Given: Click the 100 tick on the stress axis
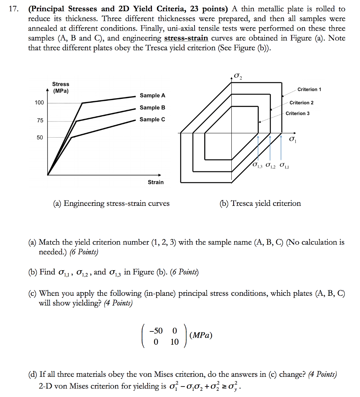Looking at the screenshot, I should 40,103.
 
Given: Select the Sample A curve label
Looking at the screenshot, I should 152,95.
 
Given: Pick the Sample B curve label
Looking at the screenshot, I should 152,107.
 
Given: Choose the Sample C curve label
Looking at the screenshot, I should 152,119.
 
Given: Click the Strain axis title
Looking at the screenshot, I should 156,182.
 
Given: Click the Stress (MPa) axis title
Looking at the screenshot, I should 60,88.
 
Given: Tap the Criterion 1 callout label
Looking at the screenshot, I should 309,90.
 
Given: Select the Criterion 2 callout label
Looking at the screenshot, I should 301,103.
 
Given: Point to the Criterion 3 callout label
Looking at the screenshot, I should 298,113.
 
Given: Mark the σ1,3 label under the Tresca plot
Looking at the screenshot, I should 257,166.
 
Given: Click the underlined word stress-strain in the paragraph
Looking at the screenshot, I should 186,38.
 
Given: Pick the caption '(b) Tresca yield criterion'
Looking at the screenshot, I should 260,203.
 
